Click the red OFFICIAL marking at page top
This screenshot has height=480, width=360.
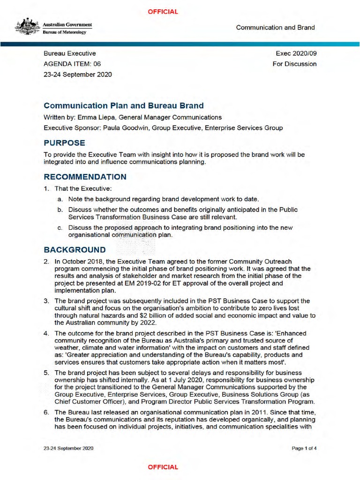click(163, 12)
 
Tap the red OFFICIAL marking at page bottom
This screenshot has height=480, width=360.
click(163, 467)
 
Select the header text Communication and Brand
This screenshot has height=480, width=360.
click(275, 27)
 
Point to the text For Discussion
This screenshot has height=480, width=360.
click(294, 64)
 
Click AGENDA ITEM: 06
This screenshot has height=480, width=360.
click(72, 64)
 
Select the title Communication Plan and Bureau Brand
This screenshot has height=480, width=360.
click(123, 106)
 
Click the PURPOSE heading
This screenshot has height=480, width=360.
click(64, 142)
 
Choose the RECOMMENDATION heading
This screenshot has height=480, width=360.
click(85, 177)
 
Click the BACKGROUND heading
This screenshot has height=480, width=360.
click(75, 249)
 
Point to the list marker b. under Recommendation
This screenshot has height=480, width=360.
click(60, 210)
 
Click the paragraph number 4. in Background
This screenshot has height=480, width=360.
click(46, 334)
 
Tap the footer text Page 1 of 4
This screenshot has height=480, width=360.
click(304, 448)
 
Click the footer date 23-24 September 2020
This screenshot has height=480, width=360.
click(68, 448)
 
